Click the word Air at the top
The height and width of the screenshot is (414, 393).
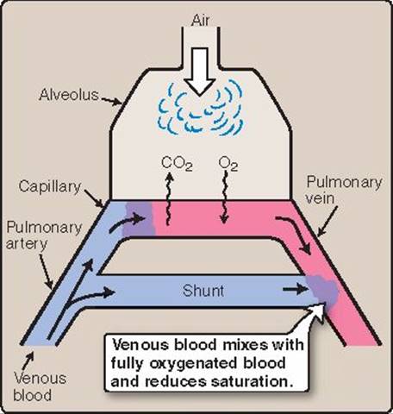[x=201, y=21]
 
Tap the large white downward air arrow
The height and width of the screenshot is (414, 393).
[x=200, y=72]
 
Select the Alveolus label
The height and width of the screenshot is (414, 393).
[x=69, y=95]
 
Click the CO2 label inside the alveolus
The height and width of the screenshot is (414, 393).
[x=177, y=163]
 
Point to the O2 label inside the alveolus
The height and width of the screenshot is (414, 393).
[x=228, y=164]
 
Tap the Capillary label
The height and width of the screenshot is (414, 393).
[x=50, y=187]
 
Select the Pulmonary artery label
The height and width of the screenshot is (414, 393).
[x=44, y=235]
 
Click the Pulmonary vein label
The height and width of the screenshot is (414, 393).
[x=344, y=190]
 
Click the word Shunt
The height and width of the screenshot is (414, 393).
[x=203, y=291]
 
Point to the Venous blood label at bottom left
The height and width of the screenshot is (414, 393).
[x=40, y=386]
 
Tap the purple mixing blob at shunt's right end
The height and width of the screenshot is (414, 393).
[x=323, y=289]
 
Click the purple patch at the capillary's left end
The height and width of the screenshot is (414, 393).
[x=139, y=219]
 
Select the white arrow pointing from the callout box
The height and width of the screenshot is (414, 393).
[x=313, y=317]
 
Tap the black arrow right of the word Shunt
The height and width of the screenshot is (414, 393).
[x=296, y=289]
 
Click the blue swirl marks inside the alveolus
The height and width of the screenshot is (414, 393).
[x=201, y=110]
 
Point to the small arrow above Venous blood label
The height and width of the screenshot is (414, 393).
[x=28, y=360]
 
